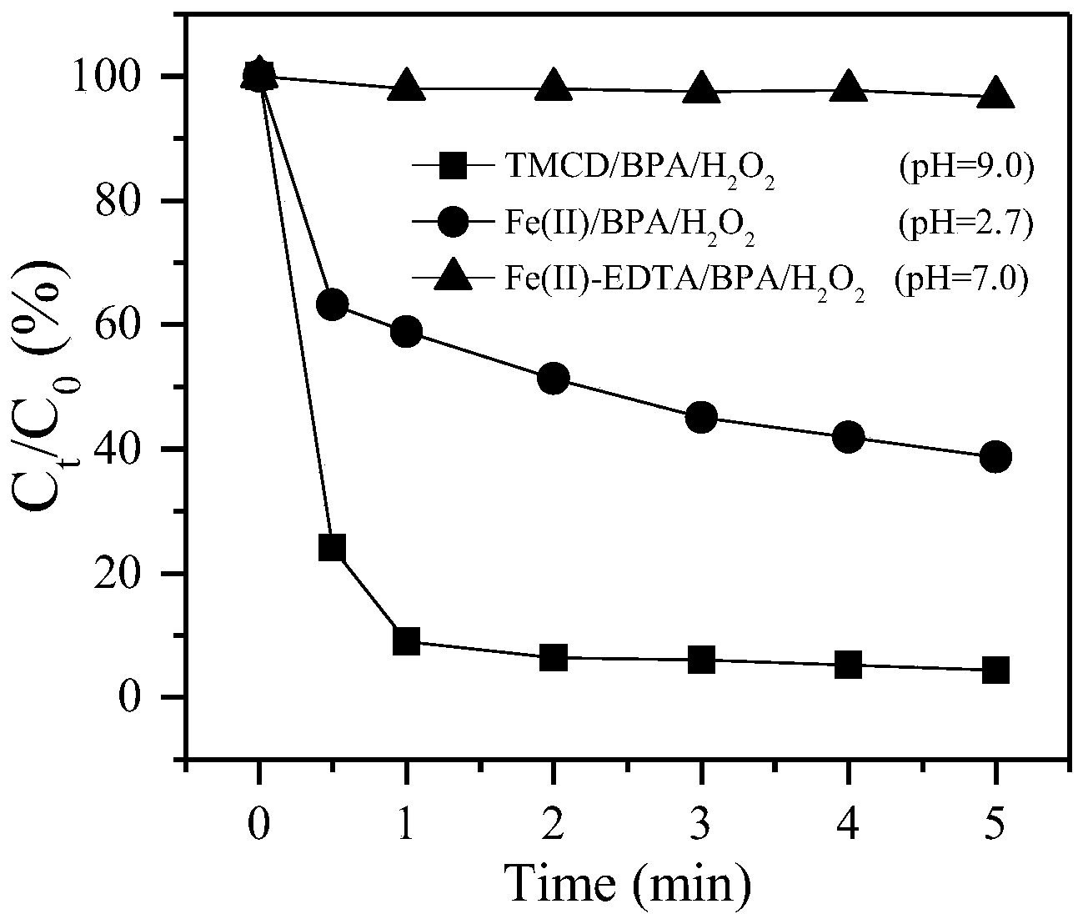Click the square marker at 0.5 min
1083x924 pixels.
[332, 548]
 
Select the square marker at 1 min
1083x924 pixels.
[406, 641]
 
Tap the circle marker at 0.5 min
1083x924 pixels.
[332, 305]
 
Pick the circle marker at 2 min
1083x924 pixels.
[554, 379]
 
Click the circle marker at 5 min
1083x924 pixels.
[995, 456]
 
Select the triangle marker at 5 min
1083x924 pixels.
[995, 94]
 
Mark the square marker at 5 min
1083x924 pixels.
[995, 670]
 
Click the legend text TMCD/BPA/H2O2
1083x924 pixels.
[639, 169]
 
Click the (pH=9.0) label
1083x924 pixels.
[965, 168]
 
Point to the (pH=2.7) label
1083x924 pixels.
[965, 223]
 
